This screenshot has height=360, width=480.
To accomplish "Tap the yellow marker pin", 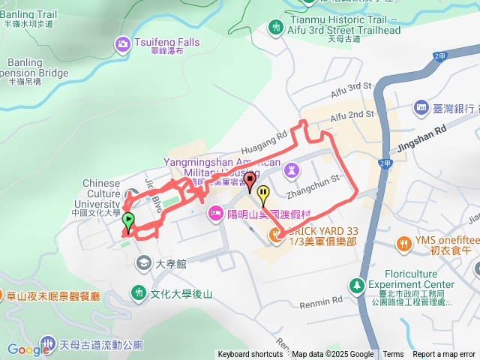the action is (x=263, y=195).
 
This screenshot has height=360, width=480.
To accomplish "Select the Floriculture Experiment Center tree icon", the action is (x=357, y=284).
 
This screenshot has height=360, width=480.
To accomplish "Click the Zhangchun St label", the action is (x=313, y=178).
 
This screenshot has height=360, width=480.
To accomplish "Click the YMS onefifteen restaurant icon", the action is (x=406, y=244).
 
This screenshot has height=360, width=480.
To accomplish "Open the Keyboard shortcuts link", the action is (x=250, y=355).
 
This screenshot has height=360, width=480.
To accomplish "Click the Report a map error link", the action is (x=444, y=355).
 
